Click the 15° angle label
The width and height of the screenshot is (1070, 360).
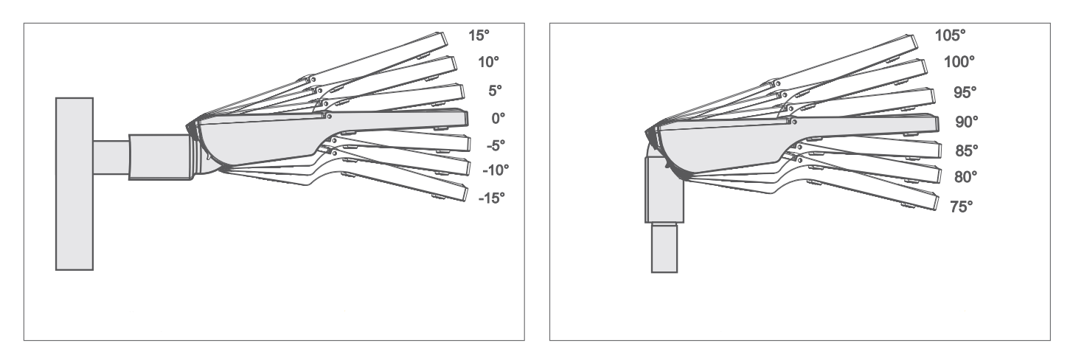point(479,35)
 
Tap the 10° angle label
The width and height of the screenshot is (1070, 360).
point(488,62)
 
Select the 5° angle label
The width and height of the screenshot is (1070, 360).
point(495,90)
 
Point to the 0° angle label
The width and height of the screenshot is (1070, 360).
point(498,118)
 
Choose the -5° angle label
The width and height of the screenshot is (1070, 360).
point(496,145)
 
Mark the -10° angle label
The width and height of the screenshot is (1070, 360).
point(496,170)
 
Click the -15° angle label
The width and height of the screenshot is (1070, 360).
point(492,198)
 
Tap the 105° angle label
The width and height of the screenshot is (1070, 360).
point(950,35)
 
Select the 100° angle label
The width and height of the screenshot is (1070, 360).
point(959,62)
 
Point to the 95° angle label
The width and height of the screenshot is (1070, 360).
point(965,92)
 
